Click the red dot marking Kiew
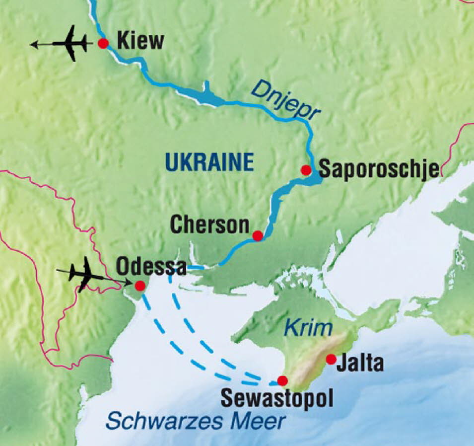pyautogui.click(x=103, y=43)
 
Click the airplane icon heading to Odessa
pyautogui.click(x=82, y=272)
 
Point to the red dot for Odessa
pyautogui.click(x=140, y=286)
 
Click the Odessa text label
pyautogui.click(x=151, y=267)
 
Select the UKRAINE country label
pyautogui.click(x=209, y=161)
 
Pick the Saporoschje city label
pyautogui.click(x=379, y=169)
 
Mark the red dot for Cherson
pyautogui.click(x=257, y=235)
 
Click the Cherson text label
pyautogui.click(x=209, y=226)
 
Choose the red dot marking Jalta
pyautogui.click(x=330, y=359)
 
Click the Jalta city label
pyautogui.click(x=360, y=364)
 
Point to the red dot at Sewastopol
pyautogui.click(x=282, y=381)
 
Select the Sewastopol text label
pyautogui.click(x=276, y=399)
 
